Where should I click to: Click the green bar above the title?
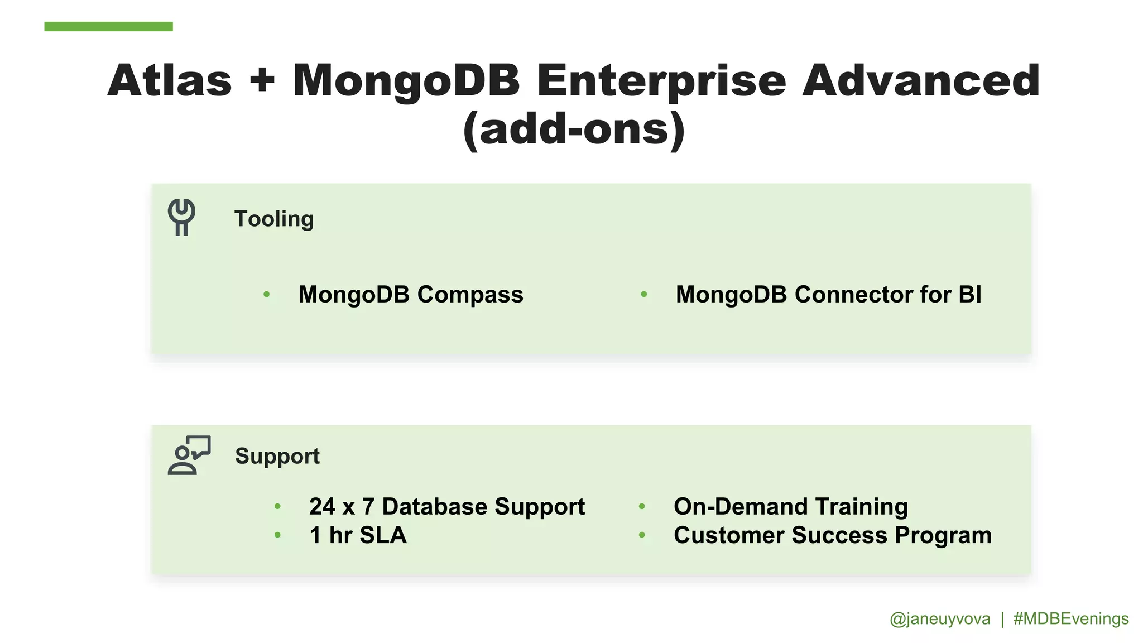pos(108,26)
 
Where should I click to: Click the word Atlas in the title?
pos(170,81)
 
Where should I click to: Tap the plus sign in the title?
pos(262,81)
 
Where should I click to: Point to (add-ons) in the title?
pos(574,129)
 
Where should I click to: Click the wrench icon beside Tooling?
pos(181,217)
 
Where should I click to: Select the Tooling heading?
pos(273,219)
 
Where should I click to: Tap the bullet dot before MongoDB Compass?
pos(267,294)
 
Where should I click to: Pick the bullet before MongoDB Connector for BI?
pos(644,294)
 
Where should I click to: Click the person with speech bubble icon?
pos(189,455)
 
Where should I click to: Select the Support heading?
pos(277,456)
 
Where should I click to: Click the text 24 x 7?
pos(341,507)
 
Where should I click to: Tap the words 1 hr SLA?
pos(358,535)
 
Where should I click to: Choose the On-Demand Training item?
pos(790,507)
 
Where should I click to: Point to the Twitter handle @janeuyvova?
pos(940,619)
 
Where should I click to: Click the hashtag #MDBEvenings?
pos(1071,619)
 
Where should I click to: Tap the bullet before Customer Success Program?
pos(642,535)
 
